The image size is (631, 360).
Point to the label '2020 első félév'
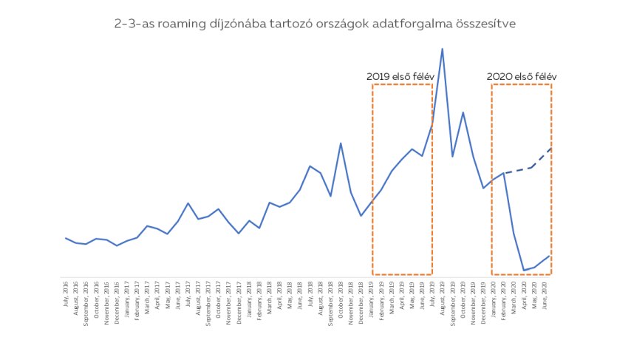coord(521,76)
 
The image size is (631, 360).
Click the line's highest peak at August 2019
coord(442,49)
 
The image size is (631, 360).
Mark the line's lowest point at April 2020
coord(523,271)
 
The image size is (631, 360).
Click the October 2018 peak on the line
coord(341,143)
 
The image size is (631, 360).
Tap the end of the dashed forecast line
coord(551,149)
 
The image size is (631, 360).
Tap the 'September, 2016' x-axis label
coord(86,294)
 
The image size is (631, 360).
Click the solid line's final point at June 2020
coord(550,256)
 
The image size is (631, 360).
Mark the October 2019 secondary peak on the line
coord(463,112)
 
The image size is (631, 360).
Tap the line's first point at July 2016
coord(66,238)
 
